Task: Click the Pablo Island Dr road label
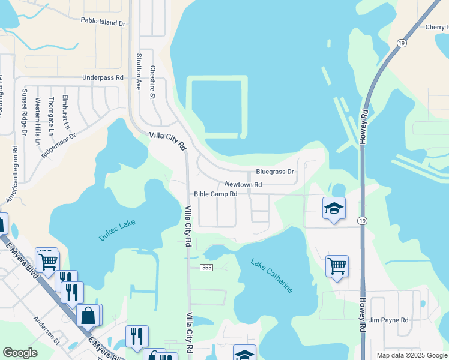103,22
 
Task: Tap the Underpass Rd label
103,78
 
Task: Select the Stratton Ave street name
139,71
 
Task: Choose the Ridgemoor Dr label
59,145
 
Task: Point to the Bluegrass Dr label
275,172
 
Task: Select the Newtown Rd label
243,184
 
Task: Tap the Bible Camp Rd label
216,194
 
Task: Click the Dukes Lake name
117,230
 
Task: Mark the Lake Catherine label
272,275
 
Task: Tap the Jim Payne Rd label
388,320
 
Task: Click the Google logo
20,353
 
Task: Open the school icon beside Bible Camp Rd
334,208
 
